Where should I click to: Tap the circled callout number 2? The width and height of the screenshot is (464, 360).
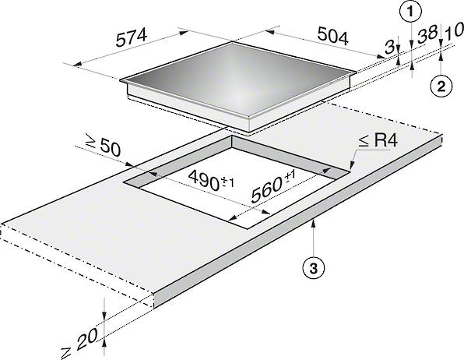click(x=441, y=86)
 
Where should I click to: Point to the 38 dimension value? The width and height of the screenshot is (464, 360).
click(x=425, y=35)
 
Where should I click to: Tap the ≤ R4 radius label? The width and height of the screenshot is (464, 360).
click(x=378, y=141)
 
